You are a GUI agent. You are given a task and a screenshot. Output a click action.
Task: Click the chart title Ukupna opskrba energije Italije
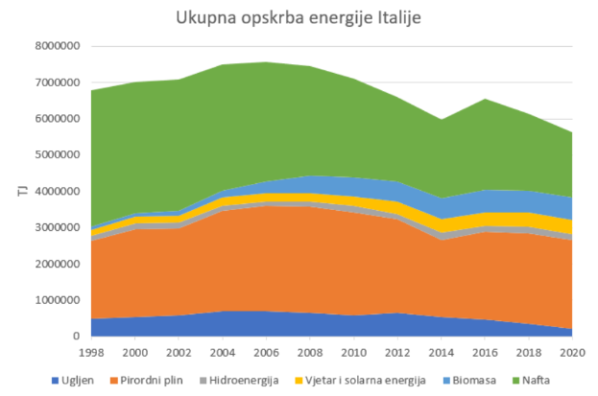coord(299,18)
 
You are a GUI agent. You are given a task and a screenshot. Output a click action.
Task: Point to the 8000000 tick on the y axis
coord(57,46)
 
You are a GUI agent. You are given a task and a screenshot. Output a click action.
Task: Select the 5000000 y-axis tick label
coord(57,155)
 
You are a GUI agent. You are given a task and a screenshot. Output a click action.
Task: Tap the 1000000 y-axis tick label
coord(57,300)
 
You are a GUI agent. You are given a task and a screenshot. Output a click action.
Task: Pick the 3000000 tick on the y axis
coord(57,228)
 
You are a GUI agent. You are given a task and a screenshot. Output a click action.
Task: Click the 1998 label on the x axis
coord(91,352)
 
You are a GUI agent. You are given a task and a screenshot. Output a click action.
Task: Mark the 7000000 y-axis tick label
coord(57,82)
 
